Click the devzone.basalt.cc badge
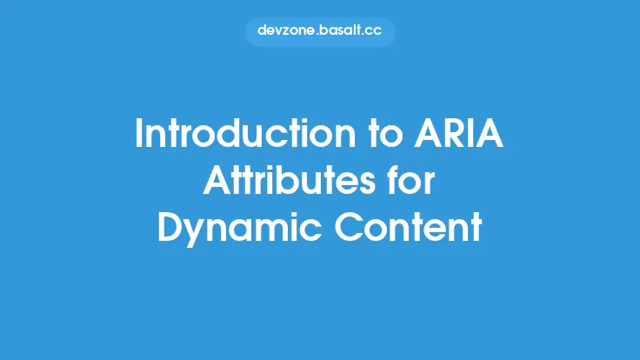(320, 30)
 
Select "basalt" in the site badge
(337, 30)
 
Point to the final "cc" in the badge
(374, 30)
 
